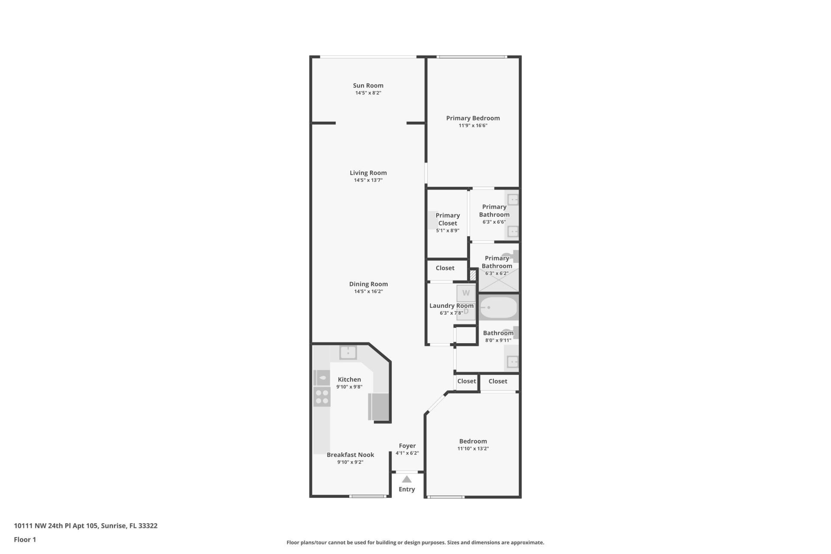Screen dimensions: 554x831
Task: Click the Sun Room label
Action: pyautogui.click(x=368, y=86)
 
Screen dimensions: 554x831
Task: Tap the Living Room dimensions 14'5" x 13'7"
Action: pyautogui.click(x=368, y=180)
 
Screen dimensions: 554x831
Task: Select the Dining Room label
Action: pyautogui.click(x=368, y=284)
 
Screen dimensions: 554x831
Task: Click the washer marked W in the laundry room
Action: pyautogui.click(x=466, y=293)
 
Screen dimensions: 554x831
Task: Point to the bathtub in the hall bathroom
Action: pyautogui.click(x=499, y=308)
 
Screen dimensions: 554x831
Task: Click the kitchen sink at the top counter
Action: pyautogui.click(x=348, y=353)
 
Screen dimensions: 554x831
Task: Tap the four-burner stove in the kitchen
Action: pyautogui.click(x=322, y=397)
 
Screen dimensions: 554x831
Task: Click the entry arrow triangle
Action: pyautogui.click(x=406, y=479)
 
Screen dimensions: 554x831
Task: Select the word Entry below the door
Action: pyautogui.click(x=406, y=489)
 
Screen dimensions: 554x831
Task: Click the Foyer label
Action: pyautogui.click(x=407, y=446)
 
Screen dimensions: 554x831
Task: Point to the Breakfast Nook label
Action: pyautogui.click(x=350, y=455)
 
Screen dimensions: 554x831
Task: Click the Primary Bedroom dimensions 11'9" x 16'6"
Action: pyautogui.click(x=473, y=126)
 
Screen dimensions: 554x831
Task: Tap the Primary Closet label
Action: pyautogui.click(x=448, y=219)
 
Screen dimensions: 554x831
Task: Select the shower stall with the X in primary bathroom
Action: pyautogui.click(x=499, y=280)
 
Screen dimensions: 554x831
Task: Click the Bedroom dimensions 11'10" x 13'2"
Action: pyautogui.click(x=473, y=449)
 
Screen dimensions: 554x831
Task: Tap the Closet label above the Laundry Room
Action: pyautogui.click(x=445, y=268)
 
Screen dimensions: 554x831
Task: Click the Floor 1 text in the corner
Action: pyautogui.click(x=25, y=539)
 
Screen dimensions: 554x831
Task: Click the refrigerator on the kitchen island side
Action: pyautogui.click(x=379, y=407)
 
